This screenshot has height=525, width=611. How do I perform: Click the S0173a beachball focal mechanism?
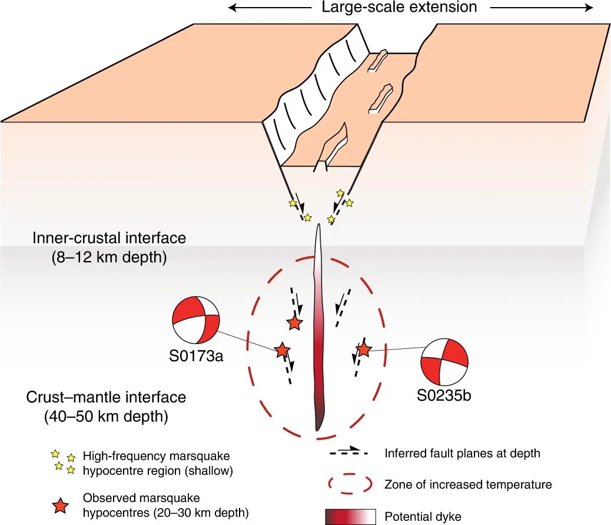[196, 320]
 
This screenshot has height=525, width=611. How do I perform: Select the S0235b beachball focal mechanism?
[444, 362]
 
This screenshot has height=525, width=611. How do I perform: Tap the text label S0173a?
[196, 356]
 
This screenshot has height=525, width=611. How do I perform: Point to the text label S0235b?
[444, 395]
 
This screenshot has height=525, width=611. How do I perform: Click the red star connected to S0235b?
[364, 349]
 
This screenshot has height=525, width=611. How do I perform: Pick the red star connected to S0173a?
[282, 350]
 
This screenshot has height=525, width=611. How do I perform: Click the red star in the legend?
[61, 506]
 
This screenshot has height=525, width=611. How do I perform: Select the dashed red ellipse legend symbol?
[350, 484]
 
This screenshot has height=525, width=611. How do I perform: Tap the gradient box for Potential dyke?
[350, 517]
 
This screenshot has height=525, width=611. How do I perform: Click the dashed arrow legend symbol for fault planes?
[348, 452]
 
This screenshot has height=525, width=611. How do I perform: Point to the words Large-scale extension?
[399, 7]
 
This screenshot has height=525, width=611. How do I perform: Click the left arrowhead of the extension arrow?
[232, 8]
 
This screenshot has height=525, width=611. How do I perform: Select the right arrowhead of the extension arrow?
[589, 8]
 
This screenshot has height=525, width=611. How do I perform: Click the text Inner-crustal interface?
[109, 238]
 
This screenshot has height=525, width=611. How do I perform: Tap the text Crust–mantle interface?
[106, 397]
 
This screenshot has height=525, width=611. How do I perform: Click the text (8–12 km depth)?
[109, 257]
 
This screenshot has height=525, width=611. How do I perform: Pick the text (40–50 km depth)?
[106, 416]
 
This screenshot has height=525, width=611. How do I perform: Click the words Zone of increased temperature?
[468, 484]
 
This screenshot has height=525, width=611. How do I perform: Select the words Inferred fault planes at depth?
[462, 453]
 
